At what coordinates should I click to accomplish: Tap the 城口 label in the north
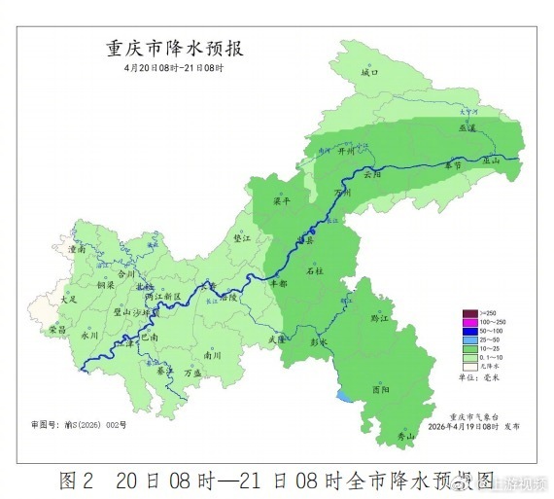point(369,72)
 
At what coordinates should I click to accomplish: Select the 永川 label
point(90,335)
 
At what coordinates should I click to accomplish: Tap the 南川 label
point(210,355)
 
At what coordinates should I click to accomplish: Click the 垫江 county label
point(242,236)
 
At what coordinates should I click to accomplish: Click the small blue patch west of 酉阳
point(345,397)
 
